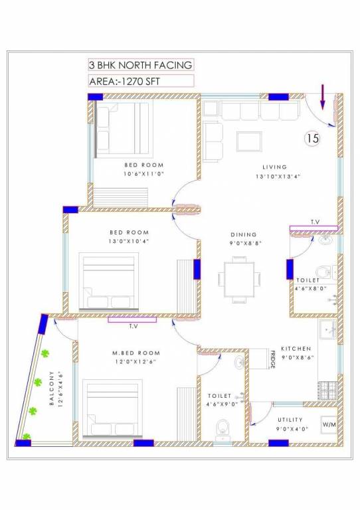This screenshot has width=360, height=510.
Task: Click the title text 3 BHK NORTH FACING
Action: point(140,65)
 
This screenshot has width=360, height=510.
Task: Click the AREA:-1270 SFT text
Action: point(125,81)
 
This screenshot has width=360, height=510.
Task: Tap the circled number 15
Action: point(312,139)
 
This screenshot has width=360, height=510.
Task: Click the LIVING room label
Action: point(274,167)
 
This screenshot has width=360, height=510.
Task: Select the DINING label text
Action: point(243,234)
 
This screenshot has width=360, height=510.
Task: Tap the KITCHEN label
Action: point(296,349)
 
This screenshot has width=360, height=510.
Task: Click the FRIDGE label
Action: point(272,359)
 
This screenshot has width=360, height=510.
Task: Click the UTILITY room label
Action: point(290,420)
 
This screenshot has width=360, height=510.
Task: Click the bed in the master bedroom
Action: point(112,408)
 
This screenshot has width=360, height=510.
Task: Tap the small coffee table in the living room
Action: point(248,141)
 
